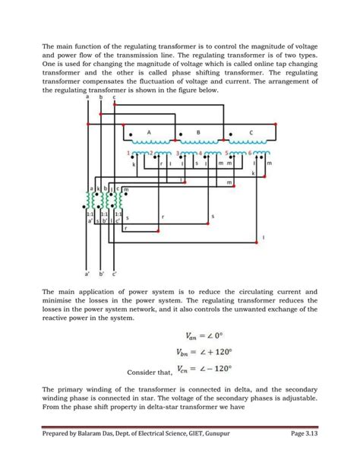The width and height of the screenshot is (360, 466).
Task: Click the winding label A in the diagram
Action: (x=150, y=132)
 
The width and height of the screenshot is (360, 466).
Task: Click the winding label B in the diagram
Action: (x=198, y=132)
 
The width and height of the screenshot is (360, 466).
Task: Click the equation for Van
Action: (x=208, y=334)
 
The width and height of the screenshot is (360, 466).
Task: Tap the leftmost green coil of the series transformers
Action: (x=90, y=200)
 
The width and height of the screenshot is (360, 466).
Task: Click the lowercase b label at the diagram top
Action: (x=101, y=97)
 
